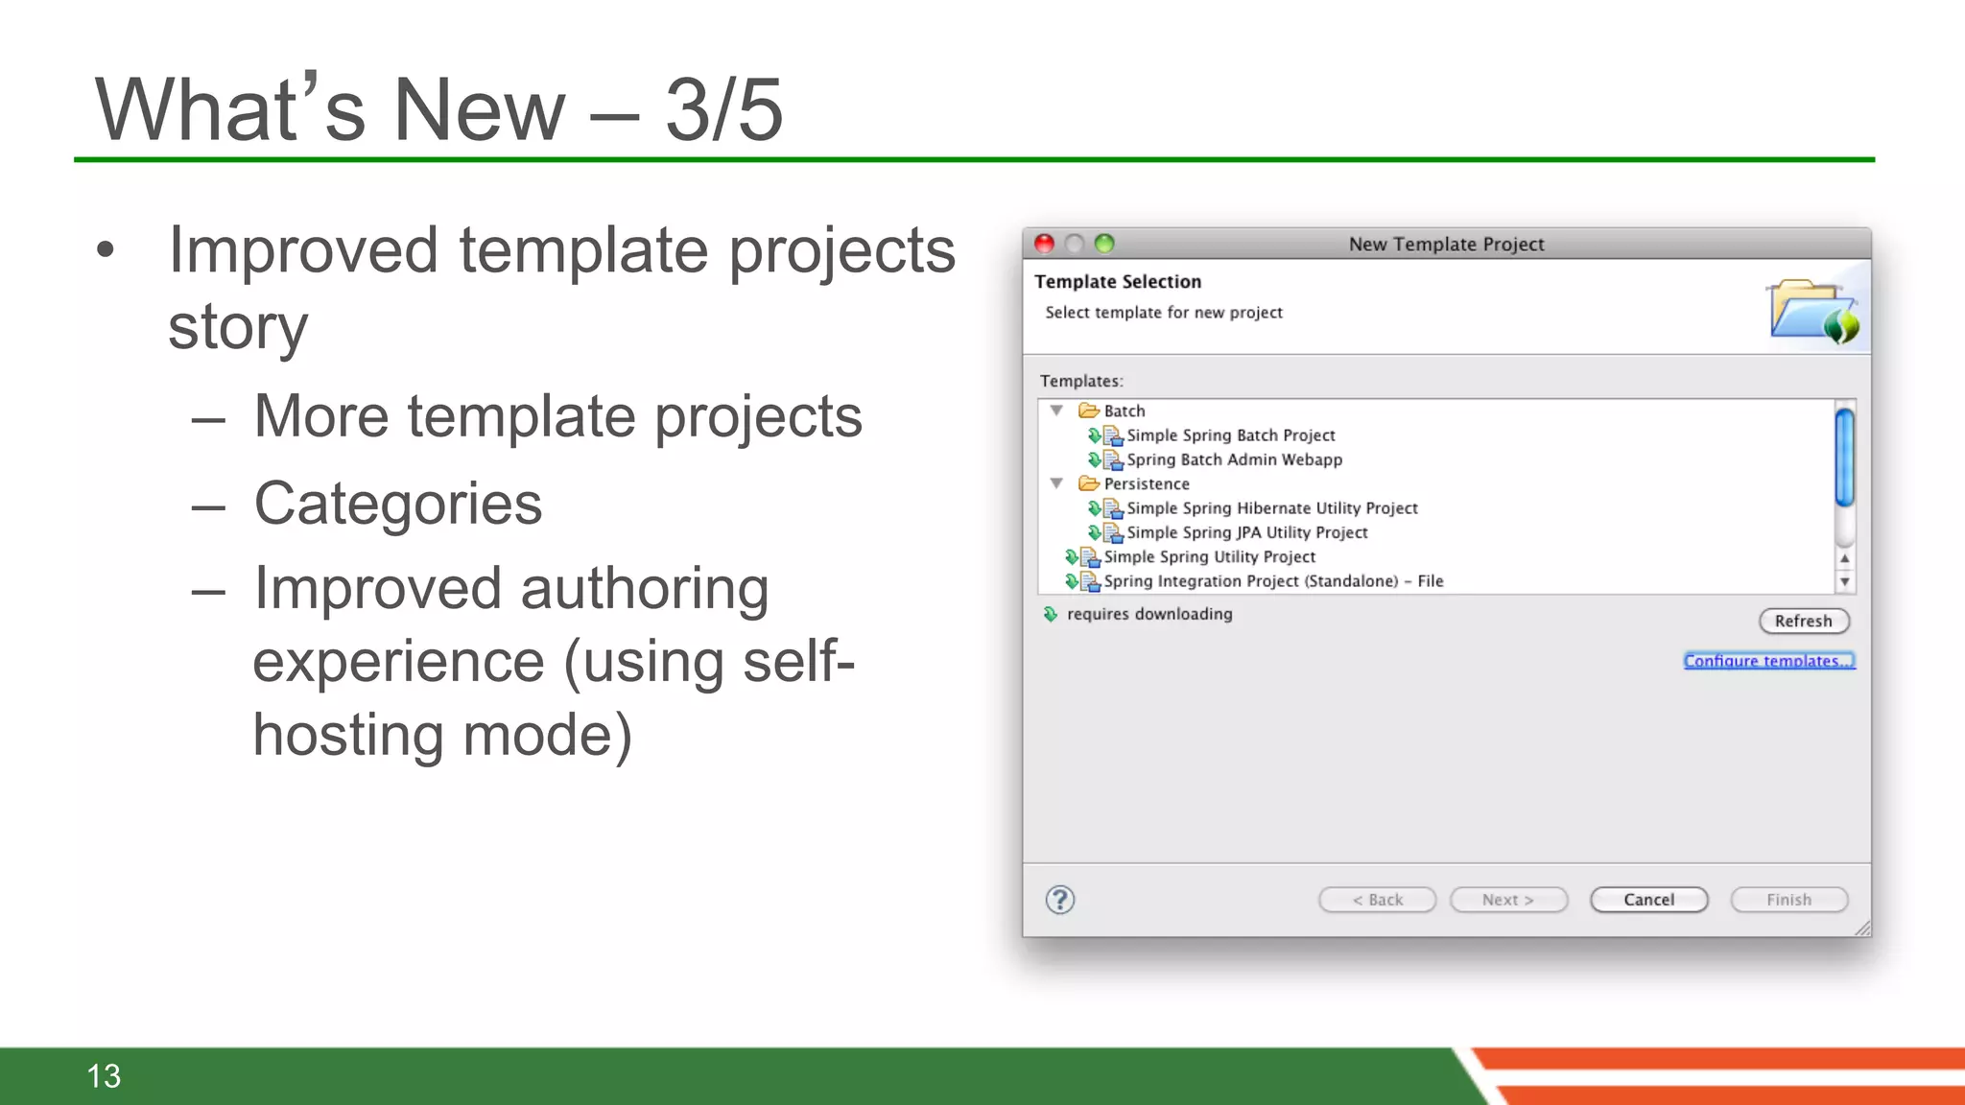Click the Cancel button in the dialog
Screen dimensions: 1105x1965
(x=1648, y=900)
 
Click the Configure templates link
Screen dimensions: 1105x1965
(x=1768, y=661)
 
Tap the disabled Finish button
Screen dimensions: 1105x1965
(x=1788, y=900)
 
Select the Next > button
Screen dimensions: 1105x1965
(x=1508, y=900)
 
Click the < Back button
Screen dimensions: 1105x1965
(x=1377, y=900)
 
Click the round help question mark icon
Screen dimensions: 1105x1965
(x=1059, y=900)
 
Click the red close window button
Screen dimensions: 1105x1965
(x=1045, y=244)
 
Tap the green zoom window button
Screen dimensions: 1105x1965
(x=1104, y=244)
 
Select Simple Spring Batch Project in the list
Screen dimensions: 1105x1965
(x=1230, y=435)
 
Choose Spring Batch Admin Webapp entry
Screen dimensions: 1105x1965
(x=1234, y=459)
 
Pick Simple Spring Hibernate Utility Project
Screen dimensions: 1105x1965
(x=1271, y=508)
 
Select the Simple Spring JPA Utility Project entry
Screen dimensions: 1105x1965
(x=1246, y=532)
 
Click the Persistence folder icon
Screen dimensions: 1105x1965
(x=1088, y=483)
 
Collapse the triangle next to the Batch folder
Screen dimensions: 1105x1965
(x=1056, y=411)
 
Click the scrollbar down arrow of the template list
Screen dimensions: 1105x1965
(x=1844, y=582)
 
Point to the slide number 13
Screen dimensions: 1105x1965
(x=104, y=1076)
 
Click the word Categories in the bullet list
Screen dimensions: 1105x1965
(x=397, y=504)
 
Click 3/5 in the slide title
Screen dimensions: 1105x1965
(x=724, y=110)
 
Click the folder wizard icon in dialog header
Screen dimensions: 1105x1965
(x=1812, y=310)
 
